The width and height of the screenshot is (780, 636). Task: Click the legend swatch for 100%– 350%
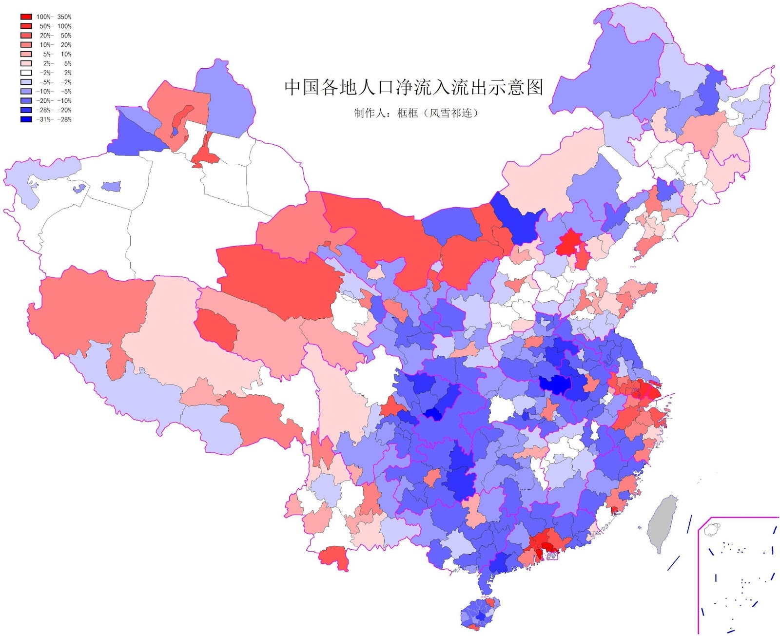click(x=26, y=17)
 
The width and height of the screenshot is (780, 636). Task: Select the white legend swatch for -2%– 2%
click(x=26, y=73)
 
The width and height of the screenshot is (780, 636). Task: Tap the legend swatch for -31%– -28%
click(x=26, y=119)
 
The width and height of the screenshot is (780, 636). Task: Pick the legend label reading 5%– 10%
click(x=57, y=54)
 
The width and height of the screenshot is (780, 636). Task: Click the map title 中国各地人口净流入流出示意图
click(x=413, y=88)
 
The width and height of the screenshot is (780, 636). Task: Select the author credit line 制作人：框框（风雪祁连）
click(x=416, y=113)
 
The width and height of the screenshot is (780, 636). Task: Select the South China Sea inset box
click(x=738, y=575)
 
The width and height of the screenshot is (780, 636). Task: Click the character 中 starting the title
click(x=292, y=88)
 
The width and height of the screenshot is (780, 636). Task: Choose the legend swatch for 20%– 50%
click(x=26, y=36)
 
